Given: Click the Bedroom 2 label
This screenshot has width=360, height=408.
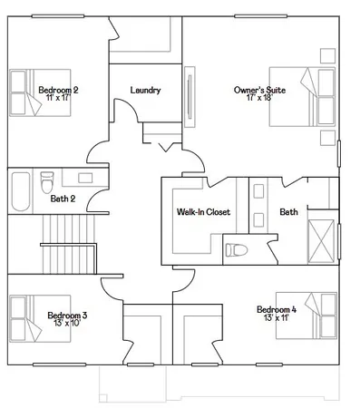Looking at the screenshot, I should click(x=58, y=90).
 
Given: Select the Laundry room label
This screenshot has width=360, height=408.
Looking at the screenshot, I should click(x=145, y=90).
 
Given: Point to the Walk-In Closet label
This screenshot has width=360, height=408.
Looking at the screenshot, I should click(x=203, y=212).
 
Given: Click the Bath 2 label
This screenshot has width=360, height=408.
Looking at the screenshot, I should click(x=63, y=198).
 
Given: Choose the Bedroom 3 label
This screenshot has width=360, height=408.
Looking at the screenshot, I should click(x=67, y=315).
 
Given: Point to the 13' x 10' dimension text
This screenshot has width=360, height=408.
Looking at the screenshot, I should click(x=67, y=323).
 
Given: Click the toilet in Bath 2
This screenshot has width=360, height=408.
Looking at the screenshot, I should click(x=47, y=182).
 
